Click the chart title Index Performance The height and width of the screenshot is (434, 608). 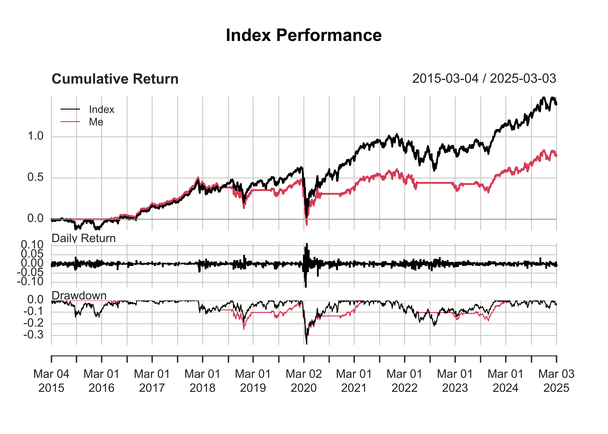pos(304,35)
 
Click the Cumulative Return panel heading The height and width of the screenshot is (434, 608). pos(115,79)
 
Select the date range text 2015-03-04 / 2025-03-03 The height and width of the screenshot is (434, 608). pos(484,79)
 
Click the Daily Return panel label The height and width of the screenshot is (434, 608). pos(83,238)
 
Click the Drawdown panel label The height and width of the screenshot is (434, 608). pos(79,296)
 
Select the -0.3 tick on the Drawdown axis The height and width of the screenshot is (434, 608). pos(33,335)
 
